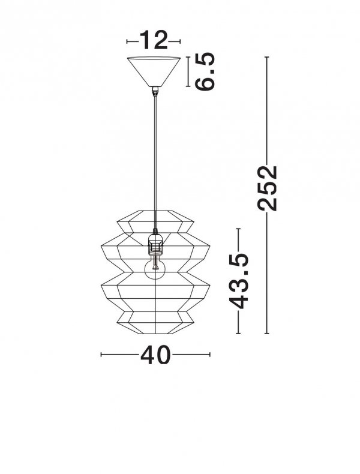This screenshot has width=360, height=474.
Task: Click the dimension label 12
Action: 154,40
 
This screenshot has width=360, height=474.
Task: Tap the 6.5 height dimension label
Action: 205,71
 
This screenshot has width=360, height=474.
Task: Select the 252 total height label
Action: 267,188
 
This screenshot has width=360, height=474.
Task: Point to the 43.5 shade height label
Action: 238,281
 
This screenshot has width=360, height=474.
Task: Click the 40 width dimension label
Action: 155,354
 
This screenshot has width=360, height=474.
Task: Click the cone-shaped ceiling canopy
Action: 154,71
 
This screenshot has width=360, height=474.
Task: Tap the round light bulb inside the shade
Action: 155,269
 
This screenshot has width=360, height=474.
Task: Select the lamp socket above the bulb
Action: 155,244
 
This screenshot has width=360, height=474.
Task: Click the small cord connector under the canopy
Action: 155,91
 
